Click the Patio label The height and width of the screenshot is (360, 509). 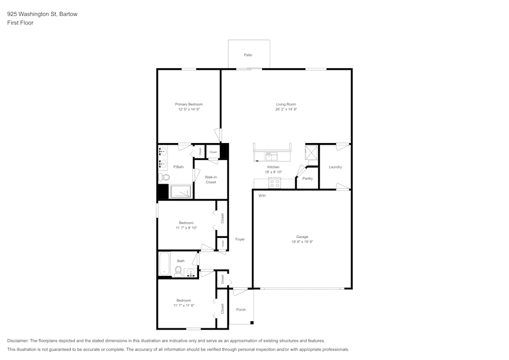(x=248, y=55)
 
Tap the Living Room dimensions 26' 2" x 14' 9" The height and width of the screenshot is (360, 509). (x=286, y=109)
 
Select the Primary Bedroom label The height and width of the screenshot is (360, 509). (x=189, y=104)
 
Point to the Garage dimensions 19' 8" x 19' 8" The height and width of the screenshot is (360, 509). (x=302, y=242)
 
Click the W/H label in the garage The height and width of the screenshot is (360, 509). (x=262, y=196)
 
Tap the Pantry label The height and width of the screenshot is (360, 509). (x=307, y=179)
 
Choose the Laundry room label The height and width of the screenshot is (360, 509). (x=335, y=167)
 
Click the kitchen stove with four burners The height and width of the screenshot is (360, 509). (x=275, y=183)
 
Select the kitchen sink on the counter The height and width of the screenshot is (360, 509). (x=271, y=156)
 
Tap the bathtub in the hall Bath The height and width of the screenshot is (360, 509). (x=164, y=264)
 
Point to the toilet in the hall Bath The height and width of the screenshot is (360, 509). (x=179, y=270)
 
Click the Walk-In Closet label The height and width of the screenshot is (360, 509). (x=211, y=179)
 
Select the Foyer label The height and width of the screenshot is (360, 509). (x=240, y=239)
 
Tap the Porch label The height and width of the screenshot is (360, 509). (x=241, y=310)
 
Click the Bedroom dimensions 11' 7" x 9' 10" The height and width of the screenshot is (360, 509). (x=186, y=228)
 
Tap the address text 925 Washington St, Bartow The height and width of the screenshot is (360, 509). (x=42, y=14)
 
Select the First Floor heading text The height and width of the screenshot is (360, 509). (x=20, y=23)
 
